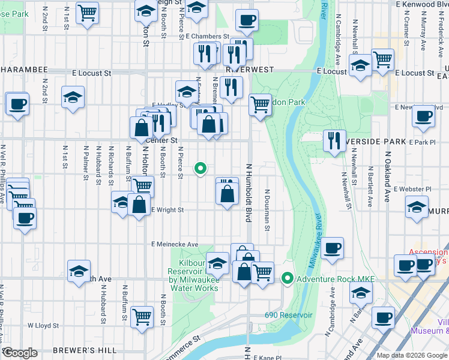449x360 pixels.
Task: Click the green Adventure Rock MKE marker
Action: coord(288,278)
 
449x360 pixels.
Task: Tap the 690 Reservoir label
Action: coord(289,315)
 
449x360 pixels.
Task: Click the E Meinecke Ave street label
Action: coord(175,244)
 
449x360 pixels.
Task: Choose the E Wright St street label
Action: coord(167,210)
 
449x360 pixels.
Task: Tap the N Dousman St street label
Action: coord(267,210)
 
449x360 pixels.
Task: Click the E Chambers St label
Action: coord(203,37)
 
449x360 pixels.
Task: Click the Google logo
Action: coord(20,353)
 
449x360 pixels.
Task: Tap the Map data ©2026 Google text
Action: coord(412,355)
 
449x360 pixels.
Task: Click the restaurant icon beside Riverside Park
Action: coord(333,140)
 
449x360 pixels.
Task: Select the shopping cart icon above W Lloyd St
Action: coord(142,316)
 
